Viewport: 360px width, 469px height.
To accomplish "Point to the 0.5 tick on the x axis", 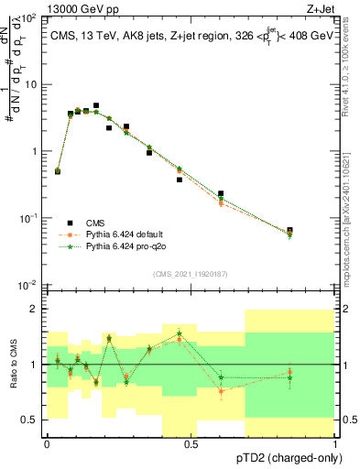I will click(x=191, y=443).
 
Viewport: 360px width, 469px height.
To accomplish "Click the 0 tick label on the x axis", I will click(x=46, y=443).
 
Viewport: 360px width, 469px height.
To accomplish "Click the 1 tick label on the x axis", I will click(x=334, y=443).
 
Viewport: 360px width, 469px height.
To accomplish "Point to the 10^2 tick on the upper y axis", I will click(x=29, y=17).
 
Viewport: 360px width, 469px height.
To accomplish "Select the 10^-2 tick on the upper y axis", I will click(x=29, y=285).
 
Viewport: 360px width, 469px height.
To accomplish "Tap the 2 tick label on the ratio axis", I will click(x=35, y=310).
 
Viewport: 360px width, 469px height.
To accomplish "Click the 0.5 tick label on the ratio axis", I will click(x=29, y=420).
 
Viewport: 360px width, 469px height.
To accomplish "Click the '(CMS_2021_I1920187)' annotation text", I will click(x=191, y=273).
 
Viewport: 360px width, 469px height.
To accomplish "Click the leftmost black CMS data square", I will click(x=58, y=170).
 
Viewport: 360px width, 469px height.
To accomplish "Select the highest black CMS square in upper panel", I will click(x=96, y=106).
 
